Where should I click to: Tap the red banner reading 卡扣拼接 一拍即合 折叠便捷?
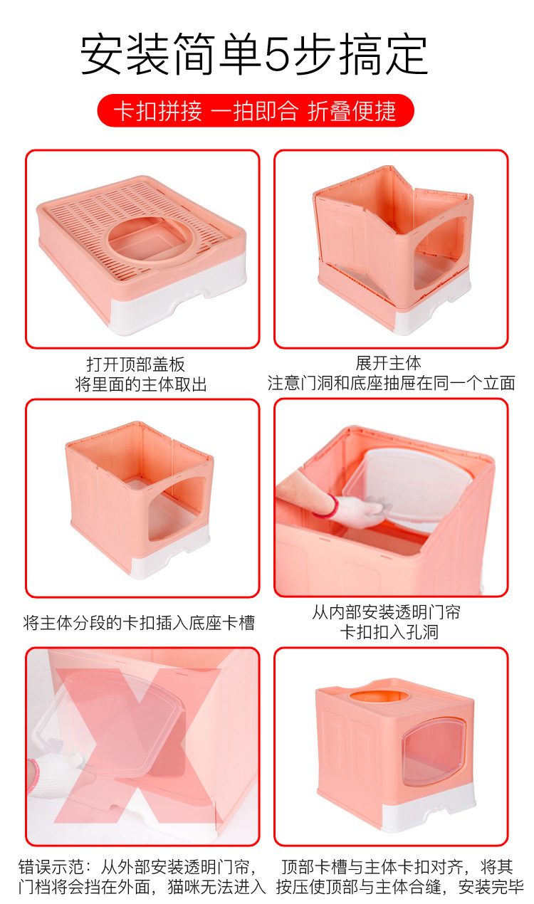click(255, 111)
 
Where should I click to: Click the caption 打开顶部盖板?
click(135, 364)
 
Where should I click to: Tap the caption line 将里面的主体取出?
click(141, 384)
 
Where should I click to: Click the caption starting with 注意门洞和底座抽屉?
click(391, 383)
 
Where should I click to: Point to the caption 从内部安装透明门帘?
click(386, 612)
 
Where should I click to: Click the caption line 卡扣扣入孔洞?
click(389, 632)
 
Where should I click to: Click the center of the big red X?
click(142, 744)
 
